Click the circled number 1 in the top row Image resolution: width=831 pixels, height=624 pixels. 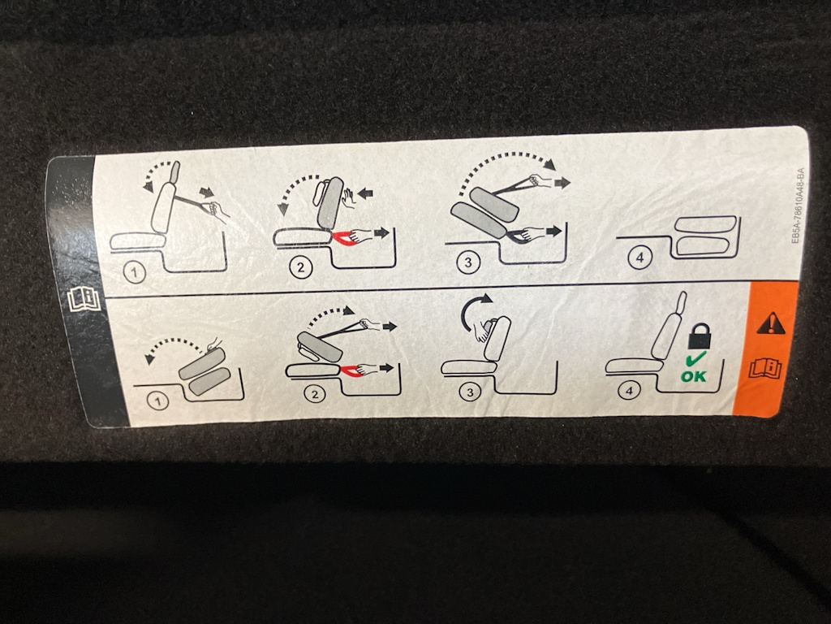pos(135,273)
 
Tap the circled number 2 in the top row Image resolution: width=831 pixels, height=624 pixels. pos(301,266)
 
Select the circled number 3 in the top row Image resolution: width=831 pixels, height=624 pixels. pos(468,262)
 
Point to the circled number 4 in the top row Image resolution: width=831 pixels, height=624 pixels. pos(639,258)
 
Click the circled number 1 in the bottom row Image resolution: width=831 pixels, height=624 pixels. pos(157,401)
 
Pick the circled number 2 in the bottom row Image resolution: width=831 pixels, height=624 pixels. pos(315,394)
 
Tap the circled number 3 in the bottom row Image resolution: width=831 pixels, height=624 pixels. pos(470,392)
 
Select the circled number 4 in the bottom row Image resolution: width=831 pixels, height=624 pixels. pos(629,391)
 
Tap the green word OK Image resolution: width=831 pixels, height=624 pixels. pos(694,376)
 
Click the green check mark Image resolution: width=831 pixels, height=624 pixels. pos(695,359)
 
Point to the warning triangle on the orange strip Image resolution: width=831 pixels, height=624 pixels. pos(771,323)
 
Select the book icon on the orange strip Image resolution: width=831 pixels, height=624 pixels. pos(765,368)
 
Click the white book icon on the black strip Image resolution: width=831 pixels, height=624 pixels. pos(84,299)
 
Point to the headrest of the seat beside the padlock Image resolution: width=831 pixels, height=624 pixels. pos(681,302)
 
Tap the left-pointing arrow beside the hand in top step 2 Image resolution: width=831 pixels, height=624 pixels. pos(365,193)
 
